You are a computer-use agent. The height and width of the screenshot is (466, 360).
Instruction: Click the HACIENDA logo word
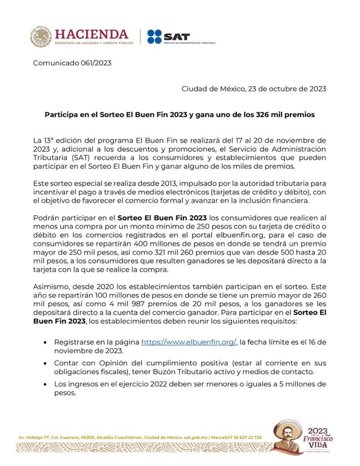[x=91, y=34]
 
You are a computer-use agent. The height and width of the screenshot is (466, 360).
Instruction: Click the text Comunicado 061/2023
[x=72, y=63]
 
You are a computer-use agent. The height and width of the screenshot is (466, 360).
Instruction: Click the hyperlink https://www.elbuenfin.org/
[x=188, y=342]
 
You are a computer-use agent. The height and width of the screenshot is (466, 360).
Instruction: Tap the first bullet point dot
[x=44, y=342]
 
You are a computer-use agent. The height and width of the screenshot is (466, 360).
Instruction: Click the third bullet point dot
[x=44, y=385]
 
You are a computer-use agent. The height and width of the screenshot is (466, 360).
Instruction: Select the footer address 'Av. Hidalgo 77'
[x=35, y=437]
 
